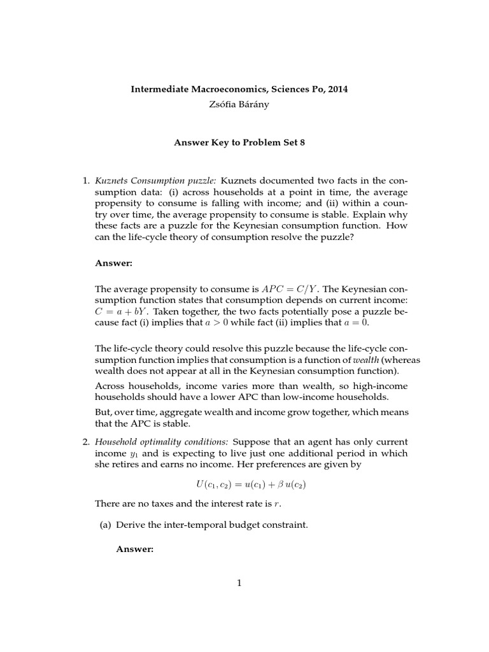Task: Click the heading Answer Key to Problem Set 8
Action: coord(239,143)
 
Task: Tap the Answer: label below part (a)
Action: coord(135,549)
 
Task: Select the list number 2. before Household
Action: coord(87,442)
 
